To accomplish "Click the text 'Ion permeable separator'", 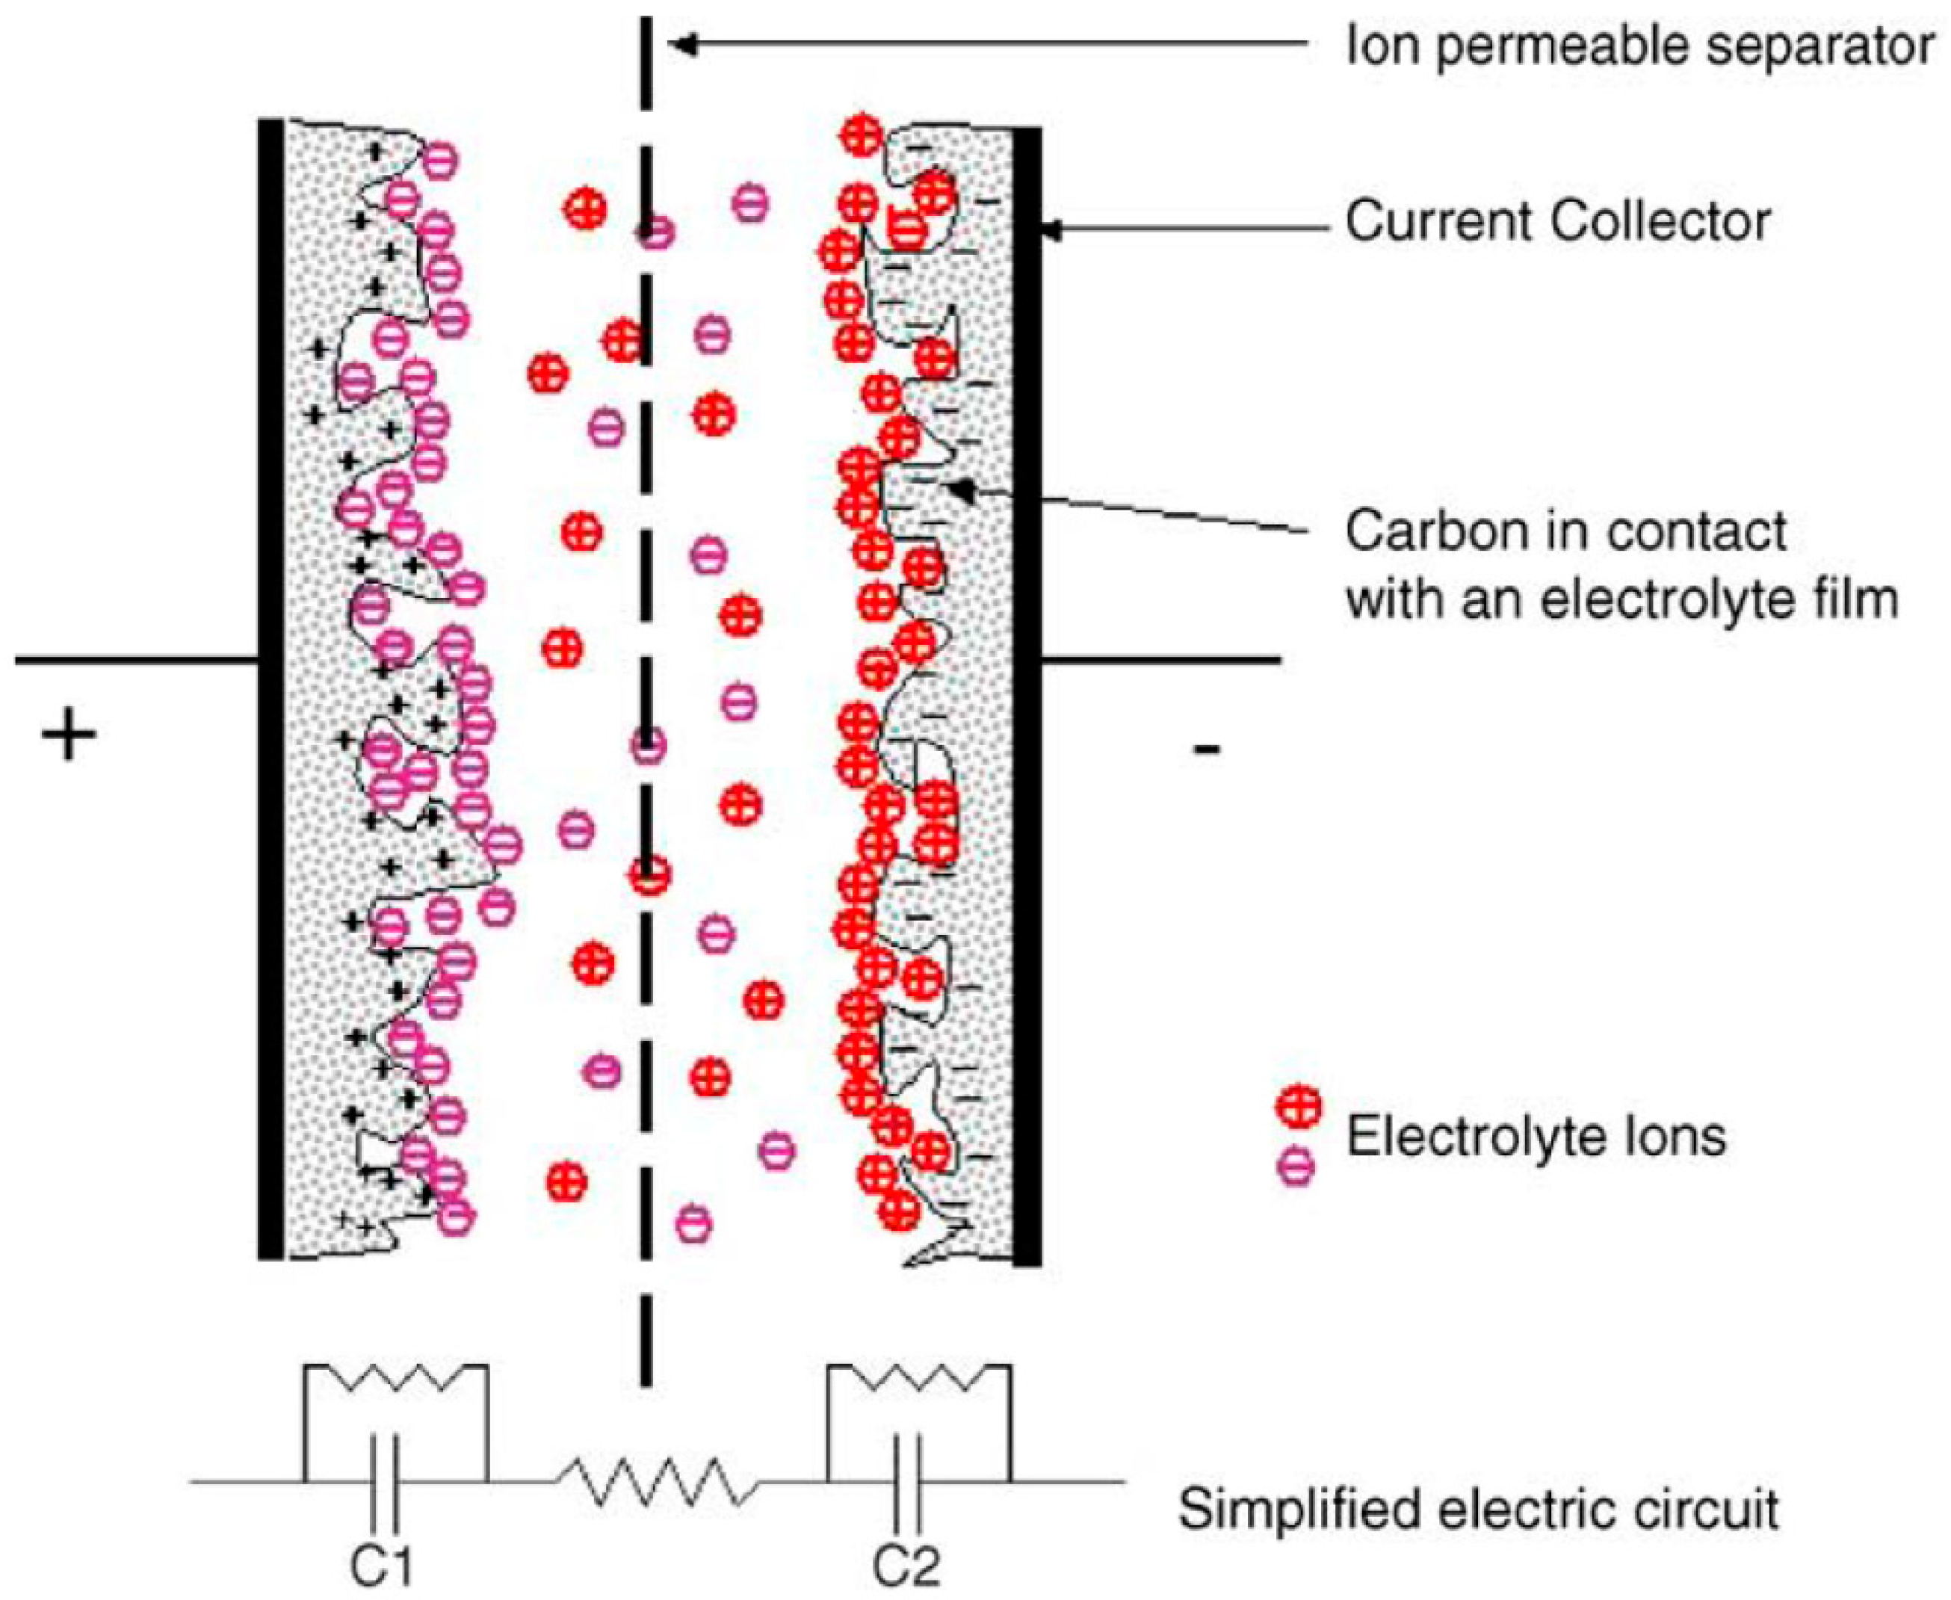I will [1639, 46].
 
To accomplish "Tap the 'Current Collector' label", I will [1557, 221].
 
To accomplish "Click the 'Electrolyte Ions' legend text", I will [1536, 1137].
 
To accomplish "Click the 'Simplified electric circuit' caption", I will [1478, 1510].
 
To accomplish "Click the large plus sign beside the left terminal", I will [68, 738].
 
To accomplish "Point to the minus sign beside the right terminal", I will [1206, 747].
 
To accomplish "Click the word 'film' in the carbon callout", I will [1856, 599].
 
